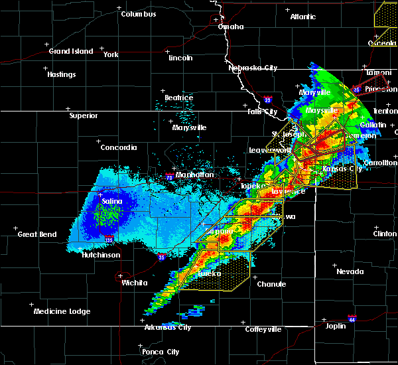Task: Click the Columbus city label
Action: pos(139,14)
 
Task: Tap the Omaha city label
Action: pos(231,27)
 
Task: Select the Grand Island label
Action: pos(70,51)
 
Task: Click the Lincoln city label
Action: pos(180,58)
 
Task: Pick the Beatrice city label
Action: pos(178,98)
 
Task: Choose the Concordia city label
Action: pos(119,147)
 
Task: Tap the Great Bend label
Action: pos(37,234)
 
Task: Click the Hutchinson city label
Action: pos(101,255)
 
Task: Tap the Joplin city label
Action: pos(336,326)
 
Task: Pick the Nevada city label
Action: pos(350,271)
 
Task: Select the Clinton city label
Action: pos(385,234)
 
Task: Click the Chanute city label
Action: pos(271,284)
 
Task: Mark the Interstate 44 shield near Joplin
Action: pos(352,318)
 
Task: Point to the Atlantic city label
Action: pos(302,17)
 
